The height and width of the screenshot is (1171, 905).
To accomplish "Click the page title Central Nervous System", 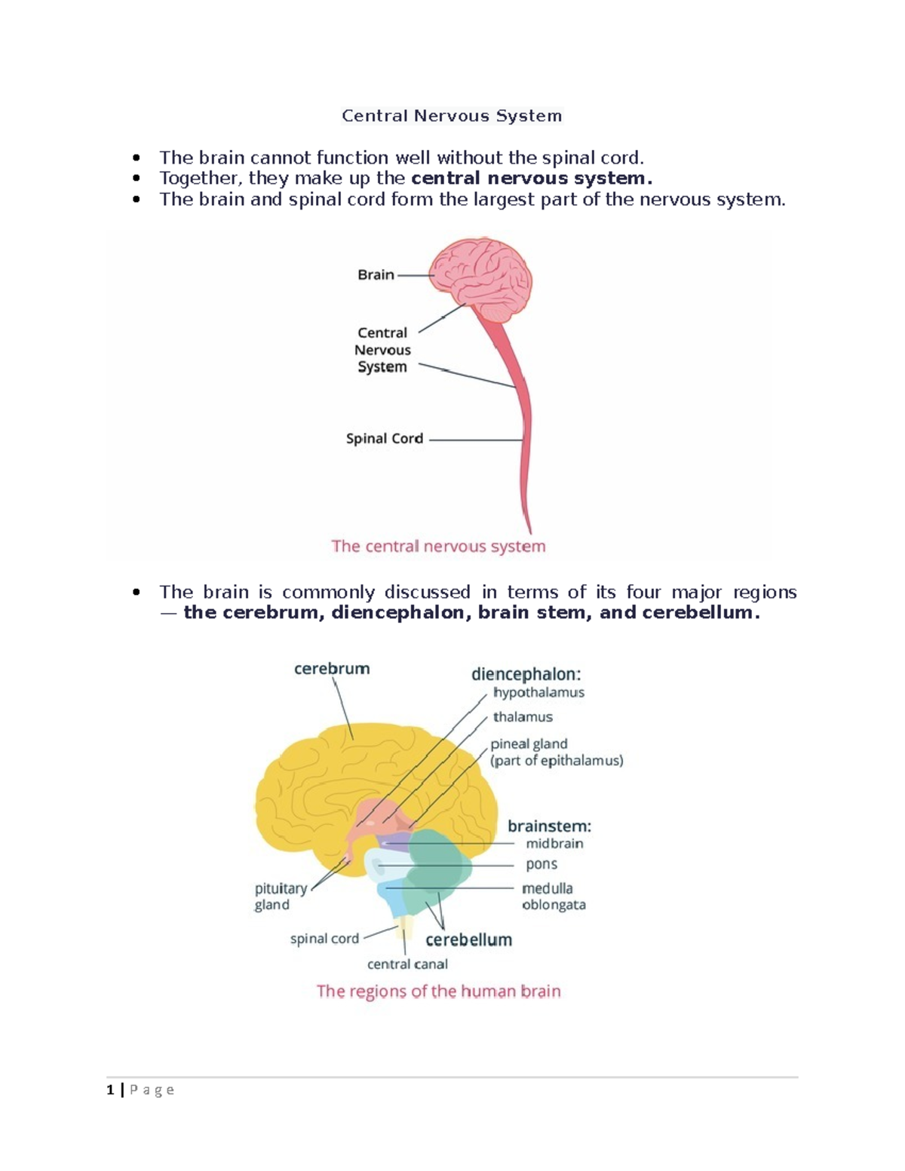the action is (x=452, y=116).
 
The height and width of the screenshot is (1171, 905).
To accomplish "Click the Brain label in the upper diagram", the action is (x=376, y=275).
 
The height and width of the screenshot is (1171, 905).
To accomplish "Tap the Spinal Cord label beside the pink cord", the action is (x=384, y=439).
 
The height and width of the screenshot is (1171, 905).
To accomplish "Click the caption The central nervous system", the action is (x=438, y=547).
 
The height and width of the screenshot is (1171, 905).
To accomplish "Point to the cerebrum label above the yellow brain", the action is (x=332, y=669).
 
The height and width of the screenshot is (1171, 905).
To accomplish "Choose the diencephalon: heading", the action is (x=526, y=674).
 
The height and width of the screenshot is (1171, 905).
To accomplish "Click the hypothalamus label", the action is (x=538, y=692).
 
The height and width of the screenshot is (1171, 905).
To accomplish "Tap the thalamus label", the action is (x=523, y=717).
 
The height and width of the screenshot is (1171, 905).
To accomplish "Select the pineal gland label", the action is (x=529, y=744).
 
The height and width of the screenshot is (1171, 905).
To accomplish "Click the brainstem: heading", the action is (x=549, y=826).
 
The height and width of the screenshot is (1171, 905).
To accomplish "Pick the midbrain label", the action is (x=554, y=844).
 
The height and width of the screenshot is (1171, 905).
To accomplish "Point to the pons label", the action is (x=541, y=864).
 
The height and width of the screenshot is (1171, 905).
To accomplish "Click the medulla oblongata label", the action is (x=554, y=897).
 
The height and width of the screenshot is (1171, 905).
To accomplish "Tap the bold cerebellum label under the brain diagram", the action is (x=468, y=940).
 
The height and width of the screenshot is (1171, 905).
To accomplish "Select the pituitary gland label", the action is (x=281, y=897).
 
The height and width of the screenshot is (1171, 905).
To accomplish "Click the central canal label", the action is (x=407, y=964).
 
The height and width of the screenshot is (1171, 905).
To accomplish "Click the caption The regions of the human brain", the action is (x=438, y=992).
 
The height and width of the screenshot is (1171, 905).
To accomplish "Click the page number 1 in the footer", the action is (x=111, y=1090).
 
